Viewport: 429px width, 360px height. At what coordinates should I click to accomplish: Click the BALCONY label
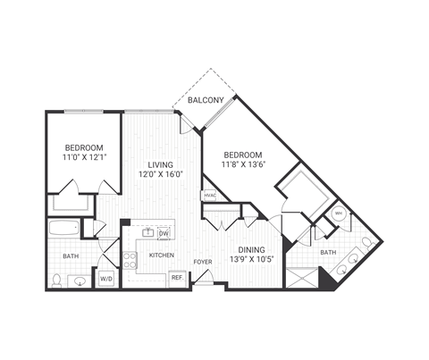pyautogui.click(x=205, y=101)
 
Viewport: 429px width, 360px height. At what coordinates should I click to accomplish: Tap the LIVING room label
pyautogui.click(x=161, y=164)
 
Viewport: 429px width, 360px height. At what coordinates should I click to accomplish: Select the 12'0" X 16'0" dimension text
pyautogui.click(x=161, y=175)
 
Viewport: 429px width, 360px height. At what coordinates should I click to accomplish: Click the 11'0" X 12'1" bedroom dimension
pyautogui.click(x=83, y=157)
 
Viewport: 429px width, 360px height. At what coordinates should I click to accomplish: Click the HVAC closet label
pyautogui.click(x=210, y=195)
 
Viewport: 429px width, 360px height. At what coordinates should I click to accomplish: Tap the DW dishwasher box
pyautogui.click(x=164, y=234)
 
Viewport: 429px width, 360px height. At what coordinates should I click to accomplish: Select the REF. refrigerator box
pyautogui.click(x=177, y=278)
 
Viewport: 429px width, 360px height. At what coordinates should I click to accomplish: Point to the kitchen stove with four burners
pyautogui.click(x=130, y=260)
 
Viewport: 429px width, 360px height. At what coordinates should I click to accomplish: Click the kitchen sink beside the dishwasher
pyautogui.click(x=148, y=234)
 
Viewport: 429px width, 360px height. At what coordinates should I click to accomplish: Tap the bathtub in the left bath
pyautogui.click(x=64, y=228)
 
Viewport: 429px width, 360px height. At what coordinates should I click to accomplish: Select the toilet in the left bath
pyautogui.click(x=56, y=280)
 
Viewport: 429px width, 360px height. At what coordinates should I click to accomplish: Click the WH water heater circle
pyautogui.click(x=339, y=213)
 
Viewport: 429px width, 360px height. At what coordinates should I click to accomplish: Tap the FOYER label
pyautogui.click(x=203, y=261)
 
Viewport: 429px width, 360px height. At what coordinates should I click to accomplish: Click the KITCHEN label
pyautogui.click(x=161, y=255)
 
